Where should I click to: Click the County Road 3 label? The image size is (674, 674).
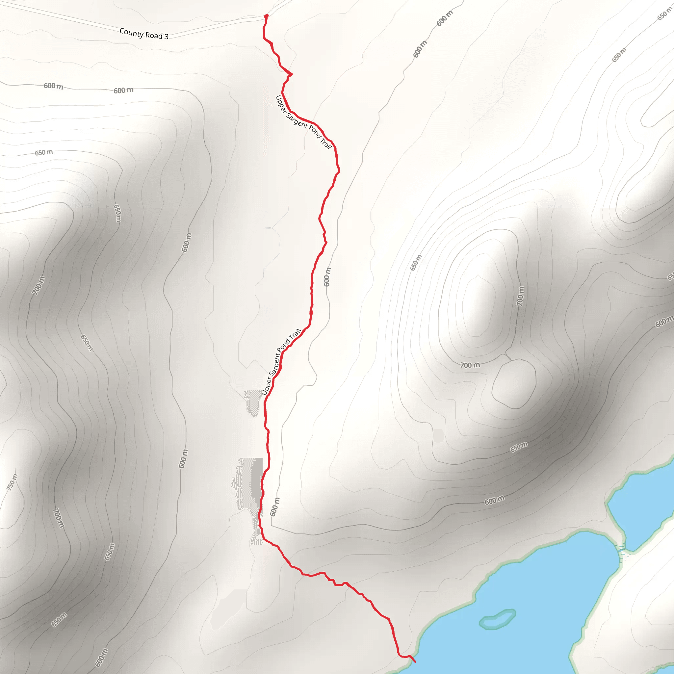coord(144,34)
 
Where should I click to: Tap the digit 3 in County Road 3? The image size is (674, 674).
coord(167,36)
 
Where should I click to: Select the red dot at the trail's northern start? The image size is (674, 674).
coord(266,16)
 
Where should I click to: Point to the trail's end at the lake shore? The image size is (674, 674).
coord(414,661)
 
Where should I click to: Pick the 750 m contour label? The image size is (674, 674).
coord(12,482)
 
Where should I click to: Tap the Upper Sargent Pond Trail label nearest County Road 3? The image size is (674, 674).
coord(303,122)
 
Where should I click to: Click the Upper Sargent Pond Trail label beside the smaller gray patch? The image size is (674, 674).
coord(281,362)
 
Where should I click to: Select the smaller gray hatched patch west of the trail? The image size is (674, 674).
coord(254,402)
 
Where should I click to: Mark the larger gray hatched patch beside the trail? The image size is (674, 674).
coord(248,485)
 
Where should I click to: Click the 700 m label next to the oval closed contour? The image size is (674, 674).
coord(470,365)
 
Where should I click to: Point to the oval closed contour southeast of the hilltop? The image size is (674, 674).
coord(514,383)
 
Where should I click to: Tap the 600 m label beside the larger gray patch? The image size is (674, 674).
coord(274,506)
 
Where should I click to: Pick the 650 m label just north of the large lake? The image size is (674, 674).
coord(519,447)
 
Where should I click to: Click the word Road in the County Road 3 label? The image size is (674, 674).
coord(153,35)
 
